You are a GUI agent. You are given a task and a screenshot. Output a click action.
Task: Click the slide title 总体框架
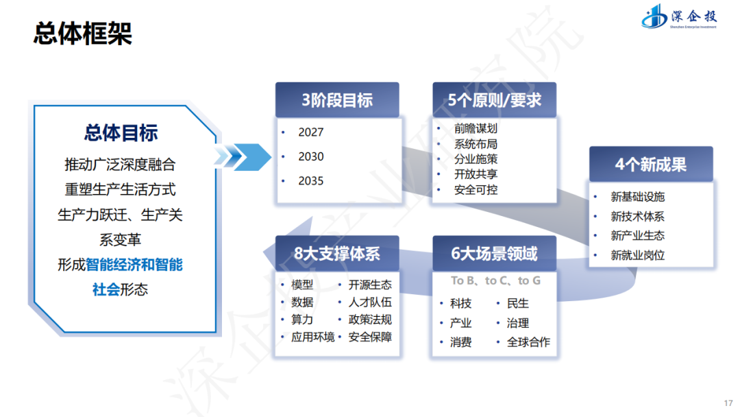[83, 33]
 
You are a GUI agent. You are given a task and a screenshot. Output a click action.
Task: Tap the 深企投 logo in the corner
[678, 16]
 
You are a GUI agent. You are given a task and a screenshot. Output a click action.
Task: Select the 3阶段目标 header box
[336, 100]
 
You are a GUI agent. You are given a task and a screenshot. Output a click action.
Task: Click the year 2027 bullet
[310, 132]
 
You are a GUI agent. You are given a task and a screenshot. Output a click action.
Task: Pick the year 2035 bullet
[310, 181]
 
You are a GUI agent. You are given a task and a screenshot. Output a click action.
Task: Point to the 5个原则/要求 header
[494, 100]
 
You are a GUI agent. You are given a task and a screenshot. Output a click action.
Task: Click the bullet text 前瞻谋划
[476, 128]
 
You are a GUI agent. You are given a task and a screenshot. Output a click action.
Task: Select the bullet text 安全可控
[476, 189]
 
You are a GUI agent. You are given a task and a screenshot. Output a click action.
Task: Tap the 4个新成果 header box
[650, 165]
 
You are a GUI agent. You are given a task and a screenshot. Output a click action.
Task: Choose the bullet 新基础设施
[637, 197]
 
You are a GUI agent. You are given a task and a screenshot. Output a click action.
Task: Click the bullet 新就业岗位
[637, 255]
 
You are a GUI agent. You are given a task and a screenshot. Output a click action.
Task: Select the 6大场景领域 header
[494, 254]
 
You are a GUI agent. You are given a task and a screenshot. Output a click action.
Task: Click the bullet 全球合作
[528, 342]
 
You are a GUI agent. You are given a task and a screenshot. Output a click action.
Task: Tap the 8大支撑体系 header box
[336, 254]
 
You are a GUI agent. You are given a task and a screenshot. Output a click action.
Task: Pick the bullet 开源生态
[370, 285]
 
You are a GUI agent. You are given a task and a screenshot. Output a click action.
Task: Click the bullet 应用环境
[312, 337]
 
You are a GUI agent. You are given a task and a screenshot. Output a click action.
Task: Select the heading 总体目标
[121, 133]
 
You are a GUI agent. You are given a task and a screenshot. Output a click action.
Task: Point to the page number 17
[728, 402]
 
